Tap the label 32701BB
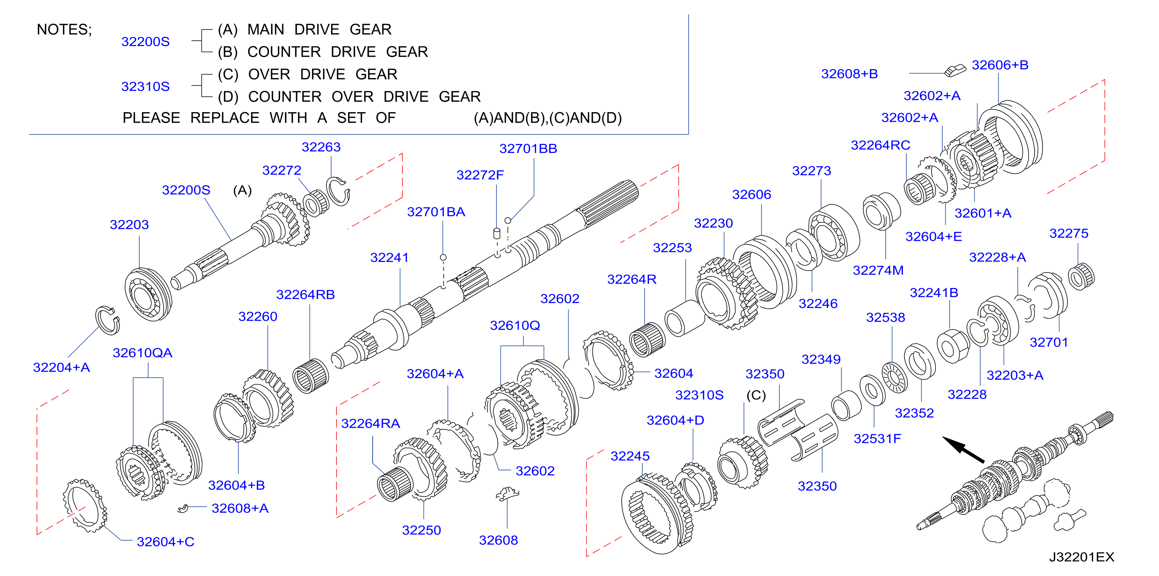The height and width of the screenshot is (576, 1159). [x=528, y=149]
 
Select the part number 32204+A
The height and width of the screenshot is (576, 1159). [x=62, y=368]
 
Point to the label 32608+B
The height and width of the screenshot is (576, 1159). [x=849, y=74]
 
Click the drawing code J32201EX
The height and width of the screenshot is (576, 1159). [x=1082, y=557]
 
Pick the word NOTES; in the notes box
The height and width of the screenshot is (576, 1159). [x=64, y=30]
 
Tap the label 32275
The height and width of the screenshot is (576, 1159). [x=1069, y=234]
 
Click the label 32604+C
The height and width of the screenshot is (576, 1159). [x=166, y=542]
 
